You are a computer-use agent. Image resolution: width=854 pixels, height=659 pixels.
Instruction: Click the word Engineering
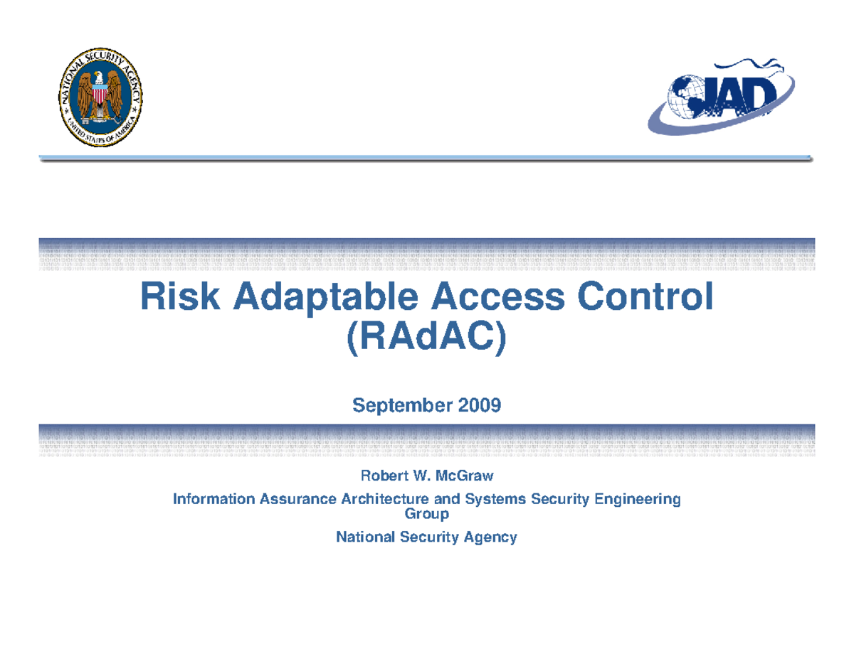click(638, 500)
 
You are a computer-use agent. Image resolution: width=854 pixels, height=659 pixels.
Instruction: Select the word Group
click(426, 513)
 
